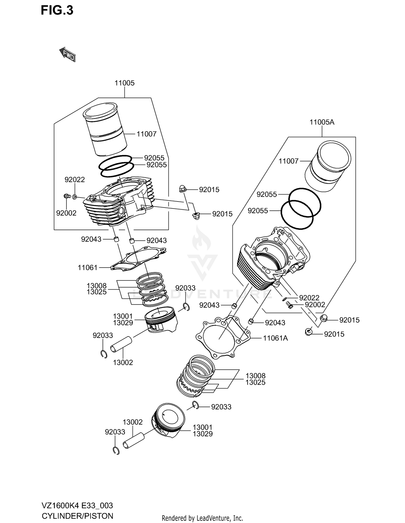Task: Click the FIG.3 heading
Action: point(57,11)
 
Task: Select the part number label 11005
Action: point(124,83)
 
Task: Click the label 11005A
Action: point(322,122)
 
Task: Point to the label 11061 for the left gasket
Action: point(87,268)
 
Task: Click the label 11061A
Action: point(275,338)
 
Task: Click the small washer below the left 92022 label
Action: point(75,197)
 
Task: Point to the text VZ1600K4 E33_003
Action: point(77,505)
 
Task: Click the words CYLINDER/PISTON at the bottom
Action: point(77,516)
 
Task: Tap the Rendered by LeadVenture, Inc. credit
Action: point(202,518)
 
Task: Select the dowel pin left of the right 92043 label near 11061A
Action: point(251,321)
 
